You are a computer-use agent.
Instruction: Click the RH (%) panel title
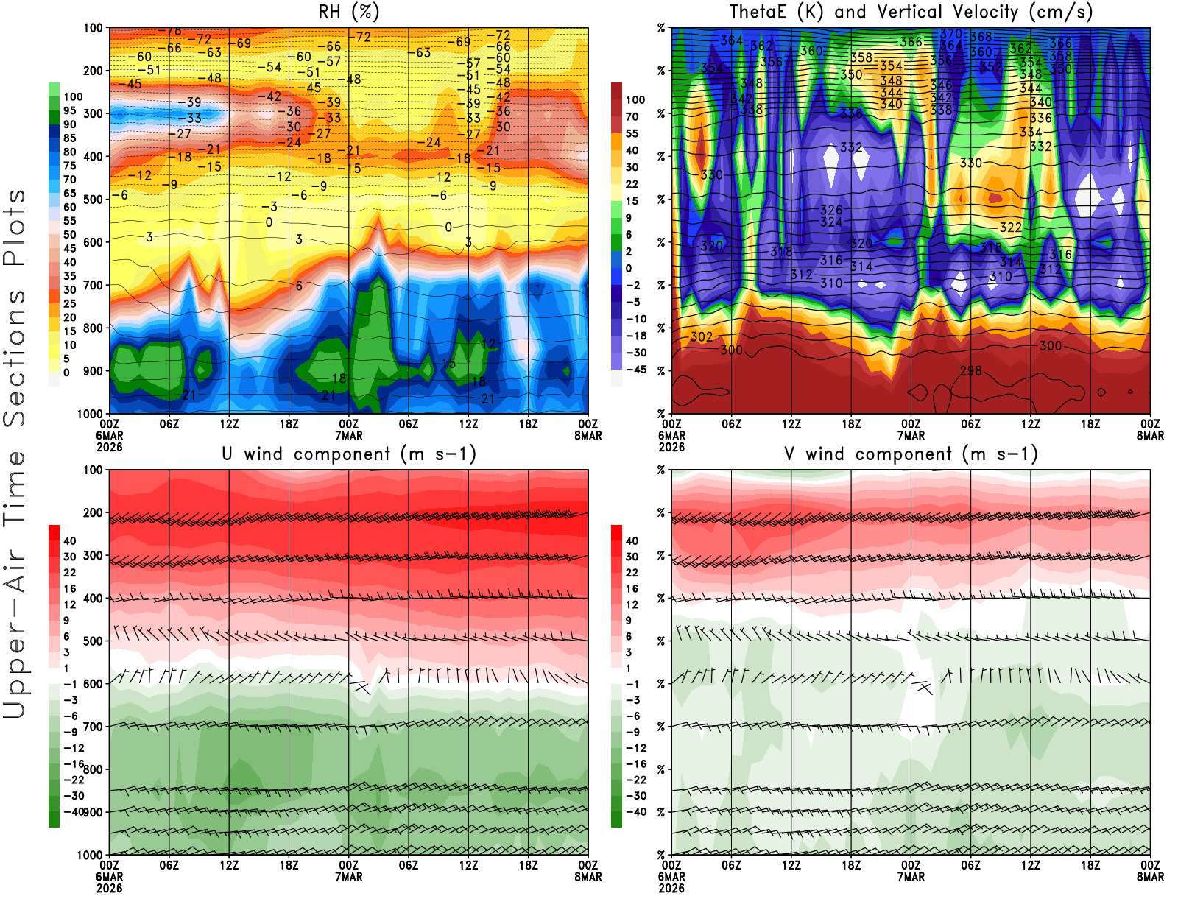(x=349, y=12)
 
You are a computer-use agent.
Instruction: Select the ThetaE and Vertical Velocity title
(x=911, y=12)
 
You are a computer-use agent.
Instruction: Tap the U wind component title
(x=349, y=454)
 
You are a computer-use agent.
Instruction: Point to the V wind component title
(x=911, y=454)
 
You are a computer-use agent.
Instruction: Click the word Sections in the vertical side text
(x=15, y=356)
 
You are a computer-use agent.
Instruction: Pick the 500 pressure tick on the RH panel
(x=93, y=199)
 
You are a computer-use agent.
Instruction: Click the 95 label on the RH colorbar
(x=69, y=110)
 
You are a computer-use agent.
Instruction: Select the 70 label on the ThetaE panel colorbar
(x=632, y=116)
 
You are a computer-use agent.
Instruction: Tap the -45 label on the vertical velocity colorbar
(x=636, y=370)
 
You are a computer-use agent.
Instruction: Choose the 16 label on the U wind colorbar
(x=69, y=588)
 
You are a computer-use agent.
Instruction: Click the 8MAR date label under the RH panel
(x=588, y=436)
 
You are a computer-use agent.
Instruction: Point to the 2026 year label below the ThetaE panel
(x=671, y=447)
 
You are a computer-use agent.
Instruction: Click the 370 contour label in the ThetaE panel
(x=950, y=34)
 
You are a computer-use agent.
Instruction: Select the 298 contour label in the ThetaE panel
(x=970, y=370)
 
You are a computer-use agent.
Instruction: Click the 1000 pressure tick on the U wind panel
(x=90, y=855)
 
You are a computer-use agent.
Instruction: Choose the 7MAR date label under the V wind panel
(x=911, y=877)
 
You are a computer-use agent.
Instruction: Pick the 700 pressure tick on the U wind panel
(x=93, y=727)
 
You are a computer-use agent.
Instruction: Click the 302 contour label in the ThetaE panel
(x=702, y=336)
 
